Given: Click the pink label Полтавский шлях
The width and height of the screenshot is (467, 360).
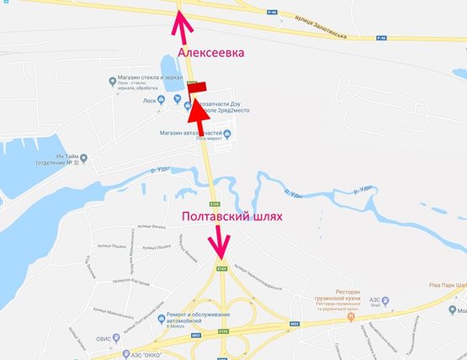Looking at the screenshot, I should [232, 216].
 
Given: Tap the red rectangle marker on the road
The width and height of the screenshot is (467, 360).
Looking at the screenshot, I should [196, 84].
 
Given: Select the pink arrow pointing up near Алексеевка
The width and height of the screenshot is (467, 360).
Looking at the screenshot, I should [179, 20].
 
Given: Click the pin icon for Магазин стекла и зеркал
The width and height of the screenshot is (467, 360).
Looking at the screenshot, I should [114, 81].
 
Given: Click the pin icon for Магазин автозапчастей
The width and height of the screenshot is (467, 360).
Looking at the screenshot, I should [226, 133].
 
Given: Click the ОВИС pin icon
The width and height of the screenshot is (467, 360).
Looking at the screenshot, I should [104, 340].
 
